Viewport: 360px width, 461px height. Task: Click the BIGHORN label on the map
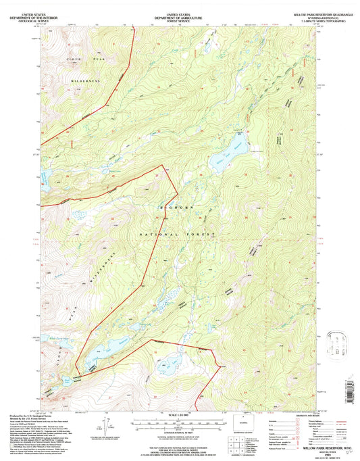point(170,210)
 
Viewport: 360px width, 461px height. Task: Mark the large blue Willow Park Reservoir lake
point(225,153)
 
